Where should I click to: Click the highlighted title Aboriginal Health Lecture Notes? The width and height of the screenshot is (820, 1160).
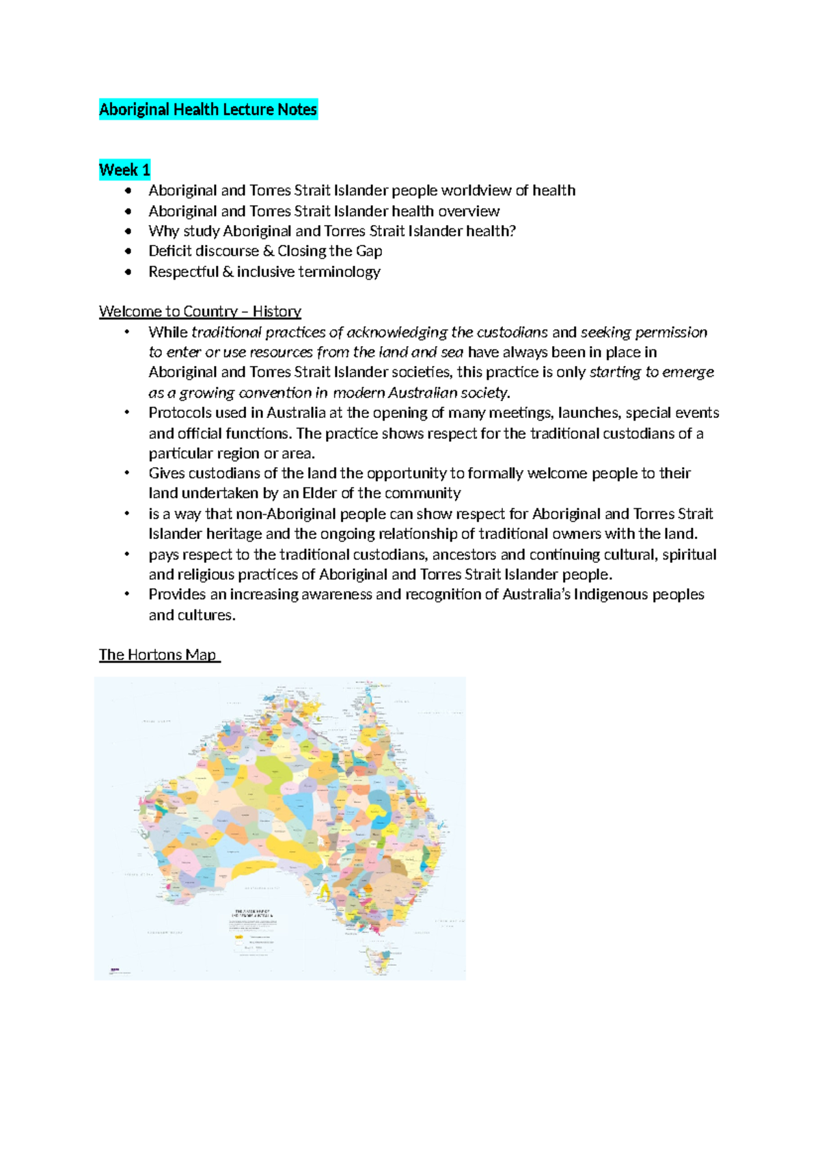pos(208,109)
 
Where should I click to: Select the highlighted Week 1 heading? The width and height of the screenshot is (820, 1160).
pos(124,170)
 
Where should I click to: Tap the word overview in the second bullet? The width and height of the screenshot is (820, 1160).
pos(469,211)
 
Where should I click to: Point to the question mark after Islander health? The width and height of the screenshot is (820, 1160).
pos(512,231)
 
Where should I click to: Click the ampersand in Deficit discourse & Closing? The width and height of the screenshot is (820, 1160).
pos(268,251)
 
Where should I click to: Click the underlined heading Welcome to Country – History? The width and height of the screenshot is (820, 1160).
pos(200,312)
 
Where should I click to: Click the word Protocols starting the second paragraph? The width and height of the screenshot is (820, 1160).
pos(180,413)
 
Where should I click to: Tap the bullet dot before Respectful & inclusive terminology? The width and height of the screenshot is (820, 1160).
pos(128,272)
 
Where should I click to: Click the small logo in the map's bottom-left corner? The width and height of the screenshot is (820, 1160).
pos(113,969)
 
